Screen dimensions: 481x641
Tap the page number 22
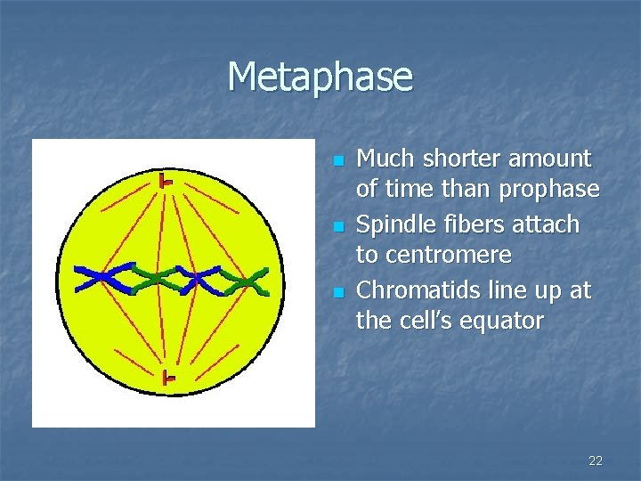click(596, 461)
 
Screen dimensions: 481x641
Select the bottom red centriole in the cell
click(166, 379)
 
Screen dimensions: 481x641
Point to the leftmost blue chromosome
click(100, 278)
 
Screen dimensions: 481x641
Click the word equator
click(500, 320)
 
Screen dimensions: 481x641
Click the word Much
click(381, 159)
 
